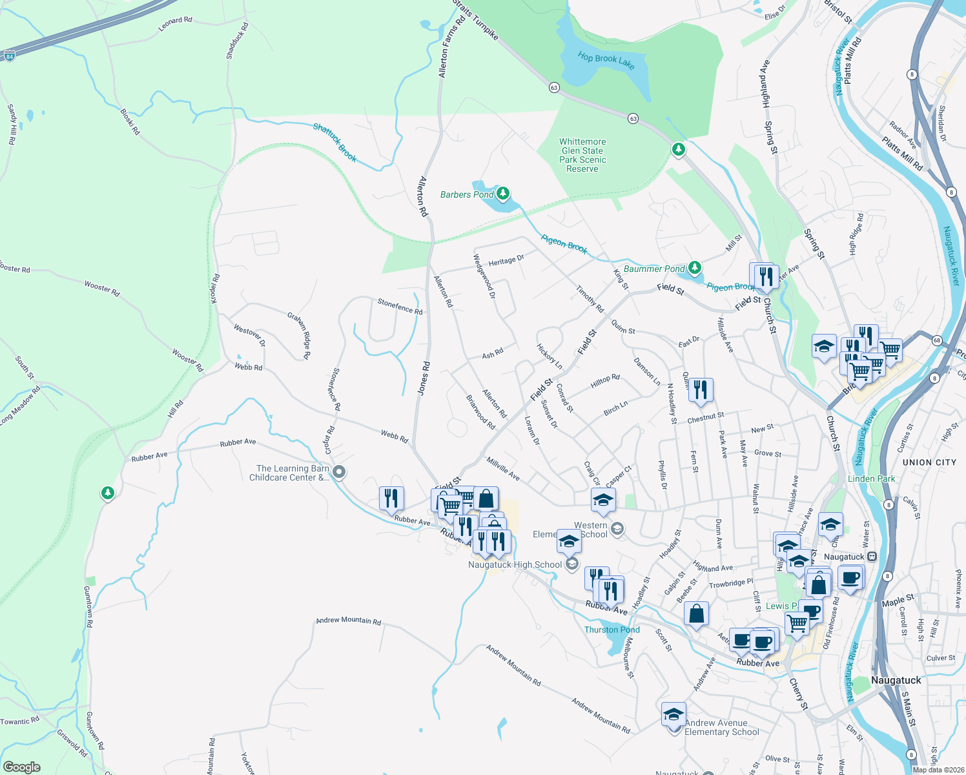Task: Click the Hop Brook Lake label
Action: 606,61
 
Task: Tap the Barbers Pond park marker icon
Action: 502,193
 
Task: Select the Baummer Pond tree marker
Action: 694,267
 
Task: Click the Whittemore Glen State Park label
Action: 582,155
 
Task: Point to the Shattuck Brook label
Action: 334,142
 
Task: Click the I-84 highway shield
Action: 9,56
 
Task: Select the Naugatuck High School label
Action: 515,564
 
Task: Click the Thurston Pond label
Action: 611,630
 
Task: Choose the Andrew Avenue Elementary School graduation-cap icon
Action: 673,715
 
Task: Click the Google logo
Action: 21,767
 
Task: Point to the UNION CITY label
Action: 929,462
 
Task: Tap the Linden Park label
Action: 871,479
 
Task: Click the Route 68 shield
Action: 937,340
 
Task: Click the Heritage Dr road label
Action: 506,261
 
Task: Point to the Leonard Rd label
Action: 175,24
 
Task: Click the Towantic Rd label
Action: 19,721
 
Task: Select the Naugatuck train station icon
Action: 872,556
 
